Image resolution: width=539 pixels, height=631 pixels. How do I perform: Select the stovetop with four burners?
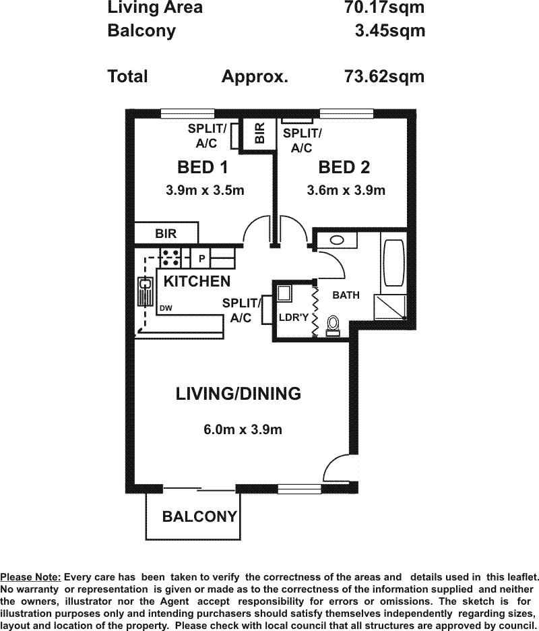171,258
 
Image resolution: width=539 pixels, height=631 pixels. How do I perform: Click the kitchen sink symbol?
145,291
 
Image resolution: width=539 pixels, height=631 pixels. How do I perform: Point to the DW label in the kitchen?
166,308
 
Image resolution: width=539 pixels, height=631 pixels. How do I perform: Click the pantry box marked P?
201,258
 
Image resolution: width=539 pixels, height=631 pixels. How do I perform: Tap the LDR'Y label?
294,318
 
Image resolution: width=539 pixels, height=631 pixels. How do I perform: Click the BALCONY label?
199,516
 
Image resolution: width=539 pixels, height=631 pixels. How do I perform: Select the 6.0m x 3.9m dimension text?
243,429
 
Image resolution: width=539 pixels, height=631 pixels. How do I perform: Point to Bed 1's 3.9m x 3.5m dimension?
205,190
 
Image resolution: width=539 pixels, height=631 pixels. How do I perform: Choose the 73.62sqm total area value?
384,76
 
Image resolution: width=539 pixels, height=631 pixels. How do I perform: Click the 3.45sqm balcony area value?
390,30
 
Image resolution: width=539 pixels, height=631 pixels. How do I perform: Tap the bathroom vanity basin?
337,241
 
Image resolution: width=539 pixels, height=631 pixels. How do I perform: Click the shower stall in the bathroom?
390,307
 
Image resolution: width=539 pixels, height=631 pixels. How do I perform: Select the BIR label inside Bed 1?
166,233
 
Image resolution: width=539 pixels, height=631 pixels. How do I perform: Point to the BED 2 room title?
344,167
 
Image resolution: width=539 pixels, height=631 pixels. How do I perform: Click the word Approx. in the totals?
255,76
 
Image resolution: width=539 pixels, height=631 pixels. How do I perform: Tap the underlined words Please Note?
30,577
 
